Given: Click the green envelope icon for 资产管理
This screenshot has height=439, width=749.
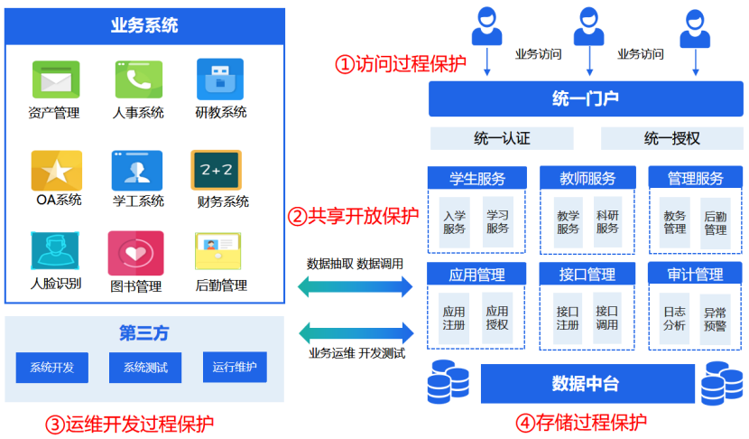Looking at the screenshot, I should click(56, 79).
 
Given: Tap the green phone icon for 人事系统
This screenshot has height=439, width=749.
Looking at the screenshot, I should click(138, 79).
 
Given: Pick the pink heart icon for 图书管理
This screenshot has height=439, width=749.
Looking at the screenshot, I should click(136, 254).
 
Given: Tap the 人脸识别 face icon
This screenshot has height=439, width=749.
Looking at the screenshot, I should click(55, 252).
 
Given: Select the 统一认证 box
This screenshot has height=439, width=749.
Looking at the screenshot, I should click(502, 138).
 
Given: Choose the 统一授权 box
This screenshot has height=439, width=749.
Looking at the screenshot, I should click(671, 138).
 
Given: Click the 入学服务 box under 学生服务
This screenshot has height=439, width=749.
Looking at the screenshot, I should click(454, 222).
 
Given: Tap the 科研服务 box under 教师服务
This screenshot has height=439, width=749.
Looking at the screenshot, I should click(607, 222).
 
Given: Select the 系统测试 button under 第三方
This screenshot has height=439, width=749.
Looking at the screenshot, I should click(145, 368).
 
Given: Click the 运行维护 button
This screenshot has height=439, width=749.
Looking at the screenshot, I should click(235, 368).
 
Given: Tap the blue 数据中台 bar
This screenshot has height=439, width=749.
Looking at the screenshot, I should click(586, 384).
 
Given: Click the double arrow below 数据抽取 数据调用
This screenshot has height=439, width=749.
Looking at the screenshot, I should click(355, 287).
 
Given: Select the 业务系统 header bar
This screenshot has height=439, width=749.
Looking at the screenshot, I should click(144, 25).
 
